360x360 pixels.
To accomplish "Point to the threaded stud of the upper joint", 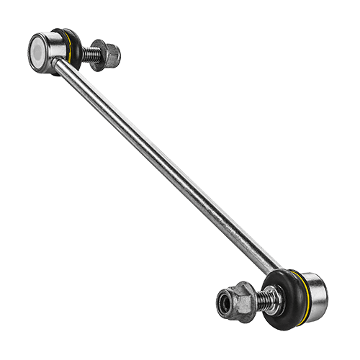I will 90,53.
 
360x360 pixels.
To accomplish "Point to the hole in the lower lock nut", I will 224,304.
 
